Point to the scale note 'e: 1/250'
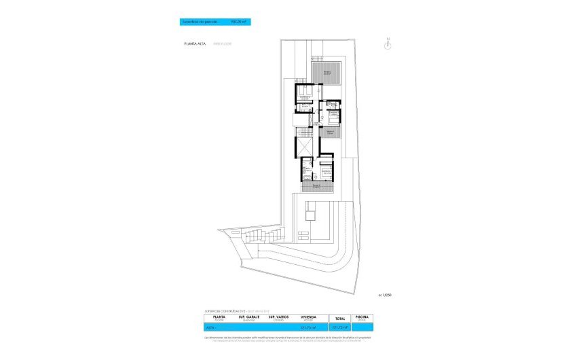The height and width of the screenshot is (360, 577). (385, 294)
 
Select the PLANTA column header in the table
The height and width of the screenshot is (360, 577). (219, 317)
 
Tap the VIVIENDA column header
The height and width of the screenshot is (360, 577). (309, 317)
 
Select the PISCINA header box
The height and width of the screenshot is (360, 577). (361, 317)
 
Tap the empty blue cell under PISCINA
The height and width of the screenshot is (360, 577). (361, 327)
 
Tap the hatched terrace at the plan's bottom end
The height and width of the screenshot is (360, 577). (316, 185)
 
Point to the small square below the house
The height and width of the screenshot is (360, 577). (311, 215)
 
